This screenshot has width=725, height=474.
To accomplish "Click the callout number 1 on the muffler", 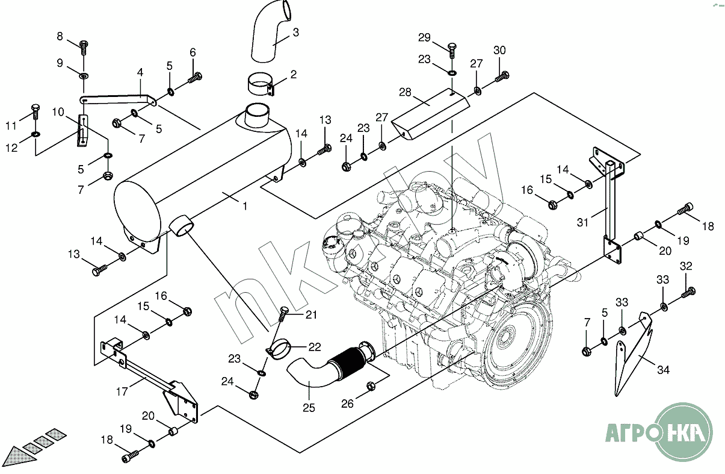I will pyautogui.click(x=245, y=206).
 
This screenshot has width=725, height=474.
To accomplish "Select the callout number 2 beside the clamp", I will pyautogui.click(x=293, y=75).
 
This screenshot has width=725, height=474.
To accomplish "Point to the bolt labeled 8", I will pyautogui.click(x=84, y=45).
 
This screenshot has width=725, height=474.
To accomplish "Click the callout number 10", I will pyautogui.click(x=58, y=112).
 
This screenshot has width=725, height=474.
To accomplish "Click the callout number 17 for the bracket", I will pyautogui.click(x=122, y=391).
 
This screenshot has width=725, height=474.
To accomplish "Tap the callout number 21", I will pyautogui.click(x=310, y=314).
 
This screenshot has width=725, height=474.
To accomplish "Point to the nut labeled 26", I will pyautogui.click(x=371, y=387).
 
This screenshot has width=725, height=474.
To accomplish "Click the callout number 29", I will pyautogui.click(x=424, y=38).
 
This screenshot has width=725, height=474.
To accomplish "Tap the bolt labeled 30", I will pyautogui.click(x=502, y=77).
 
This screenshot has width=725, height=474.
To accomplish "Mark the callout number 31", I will pyautogui.click(x=582, y=222).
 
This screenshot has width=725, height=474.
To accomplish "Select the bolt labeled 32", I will pyautogui.click(x=688, y=293).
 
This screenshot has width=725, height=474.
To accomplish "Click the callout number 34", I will pyautogui.click(x=662, y=370).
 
